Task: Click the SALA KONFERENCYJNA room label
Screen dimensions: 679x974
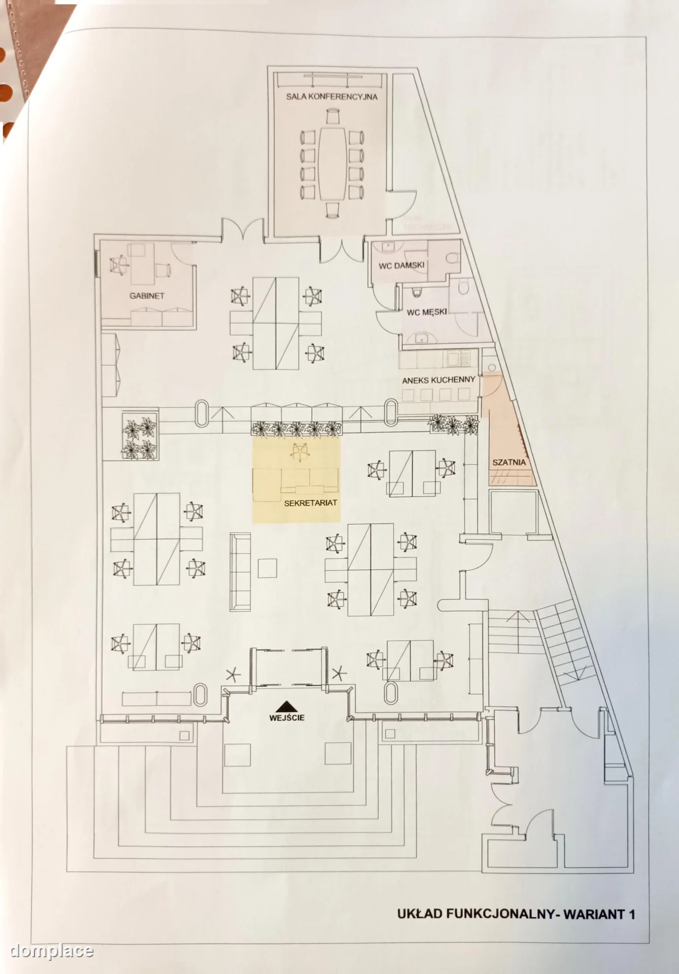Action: tap(331, 96)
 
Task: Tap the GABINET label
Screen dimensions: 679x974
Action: tap(147, 296)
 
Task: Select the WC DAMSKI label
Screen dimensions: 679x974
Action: tap(401, 265)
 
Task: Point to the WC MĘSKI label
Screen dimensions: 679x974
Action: tap(427, 312)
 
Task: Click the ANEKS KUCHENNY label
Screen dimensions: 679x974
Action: tap(438, 380)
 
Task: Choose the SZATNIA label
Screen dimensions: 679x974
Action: tap(509, 463)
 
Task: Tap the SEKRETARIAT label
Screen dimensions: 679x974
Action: tap(311, 503)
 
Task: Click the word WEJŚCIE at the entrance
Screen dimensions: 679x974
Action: tap(287, 718)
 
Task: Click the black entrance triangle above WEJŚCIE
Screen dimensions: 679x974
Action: tap(287, 706)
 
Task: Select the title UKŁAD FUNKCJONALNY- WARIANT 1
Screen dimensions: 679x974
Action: tap(516, 914)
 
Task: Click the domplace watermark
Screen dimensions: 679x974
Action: tap(52, 950)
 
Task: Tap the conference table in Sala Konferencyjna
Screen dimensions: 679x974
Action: tap(332, 163)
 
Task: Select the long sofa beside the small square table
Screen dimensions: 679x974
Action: tap(240, 572)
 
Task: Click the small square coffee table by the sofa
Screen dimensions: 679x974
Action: tap(267, 568)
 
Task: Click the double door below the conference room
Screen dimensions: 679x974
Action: tap(342, 251)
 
